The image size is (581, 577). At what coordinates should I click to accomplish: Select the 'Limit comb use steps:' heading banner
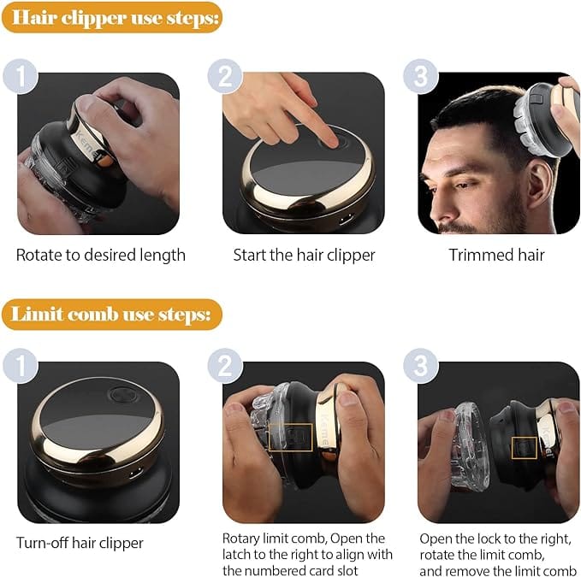click(x=111, y=314)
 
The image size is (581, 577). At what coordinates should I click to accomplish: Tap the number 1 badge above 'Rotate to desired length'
click(x=21, y=76)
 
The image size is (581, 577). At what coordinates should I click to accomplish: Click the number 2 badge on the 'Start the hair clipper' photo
click(x=226, y=76)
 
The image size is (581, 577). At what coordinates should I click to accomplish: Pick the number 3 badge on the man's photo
click(x=420, y=76)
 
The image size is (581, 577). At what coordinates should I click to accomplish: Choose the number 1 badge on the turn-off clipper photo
click(x=21, y=366)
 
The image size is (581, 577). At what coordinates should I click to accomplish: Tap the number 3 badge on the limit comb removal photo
click(x=420, y=366)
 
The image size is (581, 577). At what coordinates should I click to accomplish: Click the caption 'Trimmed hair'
click(x=496, y=255)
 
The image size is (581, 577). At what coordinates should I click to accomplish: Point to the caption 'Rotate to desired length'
click(x=101, y=255)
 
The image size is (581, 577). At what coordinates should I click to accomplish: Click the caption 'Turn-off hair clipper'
click(x=80, y=543)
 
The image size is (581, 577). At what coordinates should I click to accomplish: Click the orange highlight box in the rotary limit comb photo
click(x=290, y=438)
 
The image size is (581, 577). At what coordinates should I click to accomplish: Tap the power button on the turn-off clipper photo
click(x=121, y=396)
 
